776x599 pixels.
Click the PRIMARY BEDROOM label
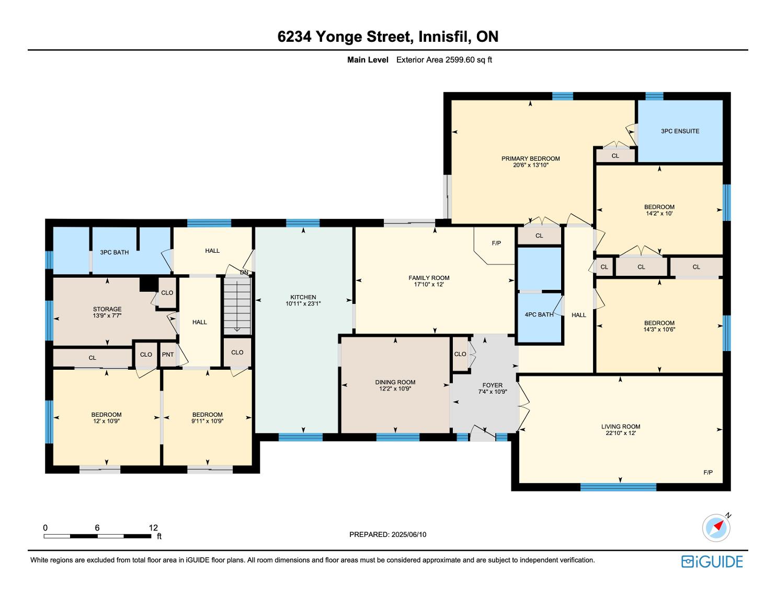pyautogui.click(x=530, y=159)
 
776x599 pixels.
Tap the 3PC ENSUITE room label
pyautogui.click(x=680, y=131)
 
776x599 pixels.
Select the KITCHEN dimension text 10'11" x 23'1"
pyautogui.click(x=303, y=304)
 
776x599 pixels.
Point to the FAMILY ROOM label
pyautogui.click(x=429, y=278)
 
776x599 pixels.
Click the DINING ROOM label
pyautogui.click(x=395, y=382)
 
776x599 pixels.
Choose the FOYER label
pyautogui.click(x=493, y=385)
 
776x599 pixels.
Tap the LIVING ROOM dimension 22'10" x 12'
pyautogui.click(x=621, y=433)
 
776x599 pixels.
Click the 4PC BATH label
pyautogui.click(x=539, y=314)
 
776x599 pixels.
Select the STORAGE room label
pyautogui.click(x=107, y=309)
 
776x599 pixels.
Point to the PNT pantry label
pyautogui.click(x=168, y=355)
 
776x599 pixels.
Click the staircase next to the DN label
pyautogui.click(x=237, y=306)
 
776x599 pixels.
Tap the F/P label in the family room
pyautogui.click(x=496, y=243)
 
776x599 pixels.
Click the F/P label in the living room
pyautogui.click(x=708, y=473)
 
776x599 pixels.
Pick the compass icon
pyautogui.click(x=716, y=528)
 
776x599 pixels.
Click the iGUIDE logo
pyautogui.click(x=712, y=561)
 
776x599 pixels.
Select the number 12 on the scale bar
pyautogui.click(x=153, y=527)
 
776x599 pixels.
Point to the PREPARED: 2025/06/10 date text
pyautogui.click(x=388, y=534)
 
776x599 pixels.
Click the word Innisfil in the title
pyautogui.click(x=444, y=37)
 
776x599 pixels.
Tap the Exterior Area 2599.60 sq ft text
pyautogui.click(x=444, y=60)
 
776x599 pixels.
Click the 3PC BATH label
pyautogui.click(x=115, y=252)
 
